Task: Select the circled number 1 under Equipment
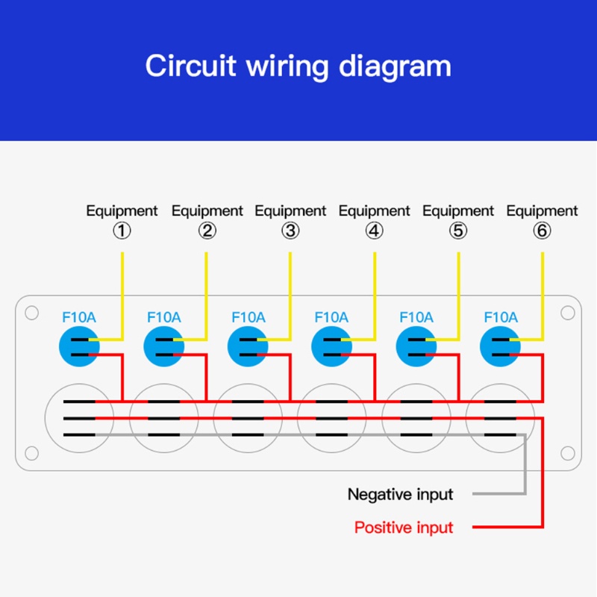pos(122,231)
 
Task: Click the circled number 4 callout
pos(374,231)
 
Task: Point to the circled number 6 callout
pos(542,231)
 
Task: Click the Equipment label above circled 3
pos(290,211)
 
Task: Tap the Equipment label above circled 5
pos(458,211)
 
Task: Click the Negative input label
pos(400,494)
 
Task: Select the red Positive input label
pos(403,528)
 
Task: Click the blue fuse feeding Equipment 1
pos(78,346)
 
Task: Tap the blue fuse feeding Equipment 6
pos(501,346)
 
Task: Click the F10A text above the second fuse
pos(163,317)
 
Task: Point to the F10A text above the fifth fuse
pos(416,317)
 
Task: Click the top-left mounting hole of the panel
pos(31,313)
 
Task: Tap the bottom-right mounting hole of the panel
pos(567,453)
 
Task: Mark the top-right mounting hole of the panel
pos(567,313)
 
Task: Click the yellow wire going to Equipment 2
pos(206,291)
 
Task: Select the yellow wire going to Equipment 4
pos(374,291)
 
